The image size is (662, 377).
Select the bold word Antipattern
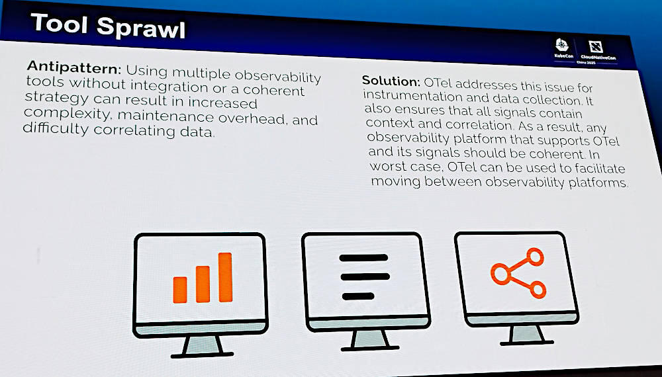pos(74,67)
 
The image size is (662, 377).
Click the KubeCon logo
pos(563,48)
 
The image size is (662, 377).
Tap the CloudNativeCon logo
pos(597,52)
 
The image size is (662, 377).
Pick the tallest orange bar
pos(226,277)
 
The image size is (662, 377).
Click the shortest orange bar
pos(180,290)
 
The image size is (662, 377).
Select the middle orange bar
pos(203,284)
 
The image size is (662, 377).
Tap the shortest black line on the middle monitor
pos(358,296)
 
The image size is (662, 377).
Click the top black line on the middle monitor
pos(363,258)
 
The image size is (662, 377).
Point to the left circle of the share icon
pos(500,274)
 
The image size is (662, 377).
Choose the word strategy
pos(56,99)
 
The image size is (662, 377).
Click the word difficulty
pos(56,128)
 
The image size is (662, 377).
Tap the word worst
pos(387,166)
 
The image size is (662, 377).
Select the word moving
pos(396,182)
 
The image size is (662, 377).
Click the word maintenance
pos(165,116)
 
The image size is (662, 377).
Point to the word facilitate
pos(598,169)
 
